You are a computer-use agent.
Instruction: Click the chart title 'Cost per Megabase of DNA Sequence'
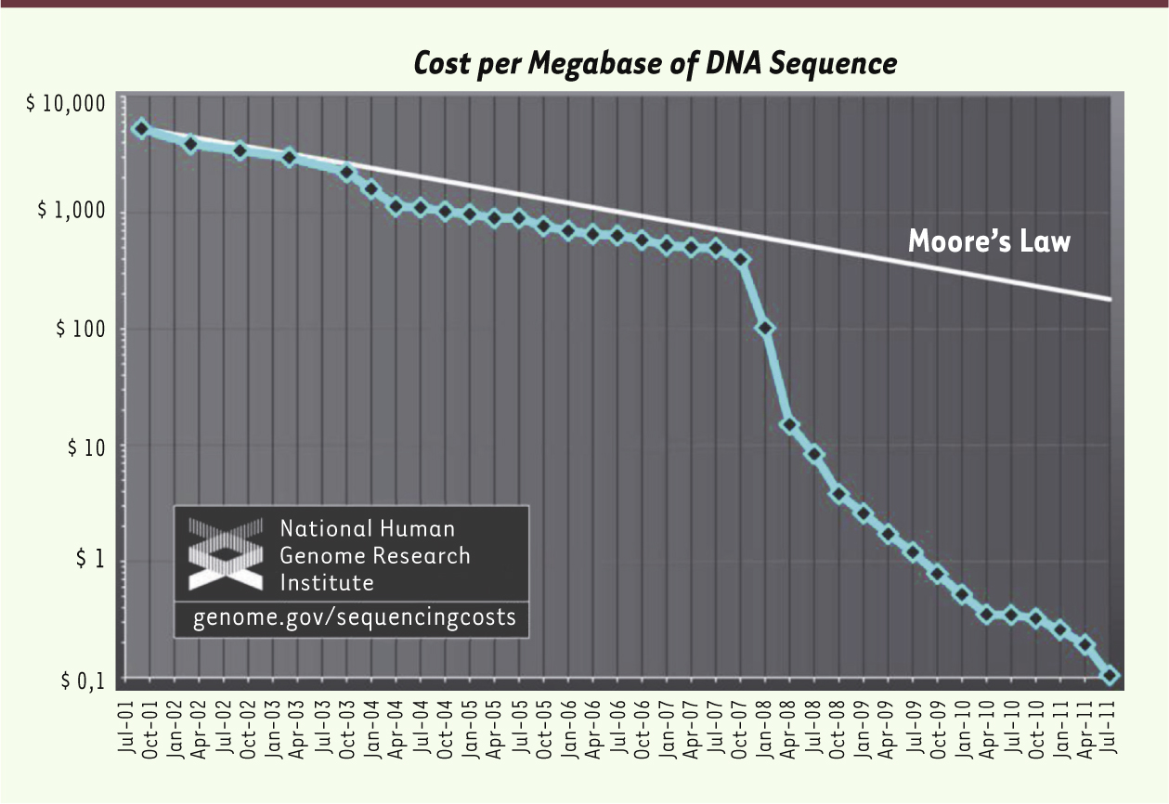655,64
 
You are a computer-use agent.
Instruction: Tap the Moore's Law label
989,241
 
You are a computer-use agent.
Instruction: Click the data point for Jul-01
141,128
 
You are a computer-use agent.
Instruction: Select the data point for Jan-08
766,328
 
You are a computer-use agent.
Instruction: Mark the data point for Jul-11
1111,676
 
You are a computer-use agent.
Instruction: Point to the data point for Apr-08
790,425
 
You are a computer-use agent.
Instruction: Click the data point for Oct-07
741,259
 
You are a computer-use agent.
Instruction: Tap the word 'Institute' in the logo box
327,583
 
